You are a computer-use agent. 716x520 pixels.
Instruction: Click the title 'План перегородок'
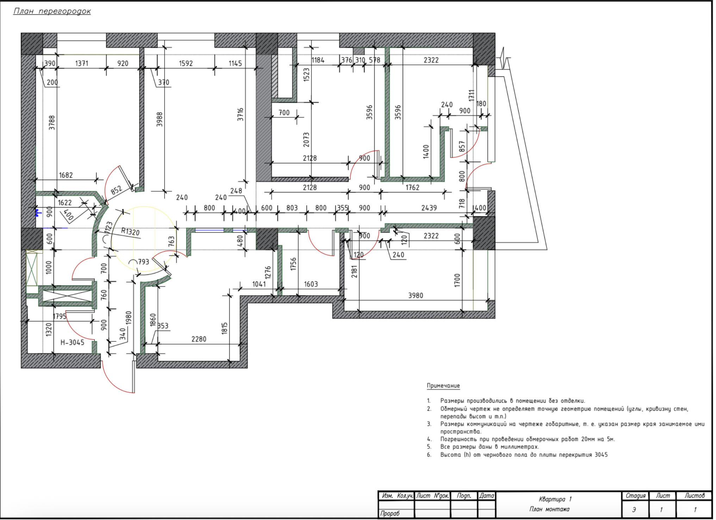point(52,11)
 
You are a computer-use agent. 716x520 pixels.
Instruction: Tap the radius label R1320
point(130,231)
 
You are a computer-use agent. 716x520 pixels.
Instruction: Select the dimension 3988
point(160,119)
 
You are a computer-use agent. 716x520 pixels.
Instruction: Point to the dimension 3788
point(52,123)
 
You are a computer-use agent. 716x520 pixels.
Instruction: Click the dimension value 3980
point(415,296)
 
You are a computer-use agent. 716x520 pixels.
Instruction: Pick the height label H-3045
point(72,342)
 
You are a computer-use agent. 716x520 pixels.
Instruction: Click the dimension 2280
point(199,339)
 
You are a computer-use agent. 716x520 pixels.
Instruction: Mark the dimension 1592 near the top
point(186,63)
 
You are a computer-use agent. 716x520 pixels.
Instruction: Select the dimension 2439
point(429,208)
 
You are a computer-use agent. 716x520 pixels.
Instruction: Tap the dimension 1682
point(66,175)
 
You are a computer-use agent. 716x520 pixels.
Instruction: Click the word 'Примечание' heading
point(443,385)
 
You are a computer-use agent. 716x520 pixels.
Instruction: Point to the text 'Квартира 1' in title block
point(555,499)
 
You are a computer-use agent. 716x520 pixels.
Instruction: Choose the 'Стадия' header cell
point(635,496)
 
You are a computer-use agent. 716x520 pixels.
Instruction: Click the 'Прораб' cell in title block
point(390,513)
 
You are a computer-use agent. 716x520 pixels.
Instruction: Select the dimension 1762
point(412,187)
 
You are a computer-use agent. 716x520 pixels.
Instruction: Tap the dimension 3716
point(240,114)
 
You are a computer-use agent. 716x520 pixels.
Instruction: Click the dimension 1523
point(306,75)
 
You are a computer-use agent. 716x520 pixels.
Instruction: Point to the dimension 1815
point(224,328)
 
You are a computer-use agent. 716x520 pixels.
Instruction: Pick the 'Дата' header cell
point(486,496)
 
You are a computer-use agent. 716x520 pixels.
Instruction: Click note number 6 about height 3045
point(524,455)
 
